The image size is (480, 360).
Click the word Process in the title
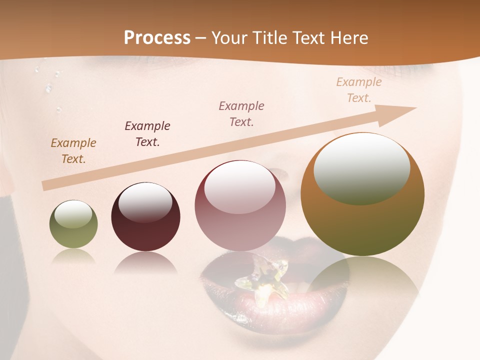tap(157, 38)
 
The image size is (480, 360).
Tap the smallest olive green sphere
tap(73, 224)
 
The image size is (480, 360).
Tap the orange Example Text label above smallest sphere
tap(73, 150)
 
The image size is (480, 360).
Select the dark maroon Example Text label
tap(147, 133)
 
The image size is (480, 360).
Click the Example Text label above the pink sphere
tap(241, 113)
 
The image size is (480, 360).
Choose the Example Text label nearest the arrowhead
tap(359, 89)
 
